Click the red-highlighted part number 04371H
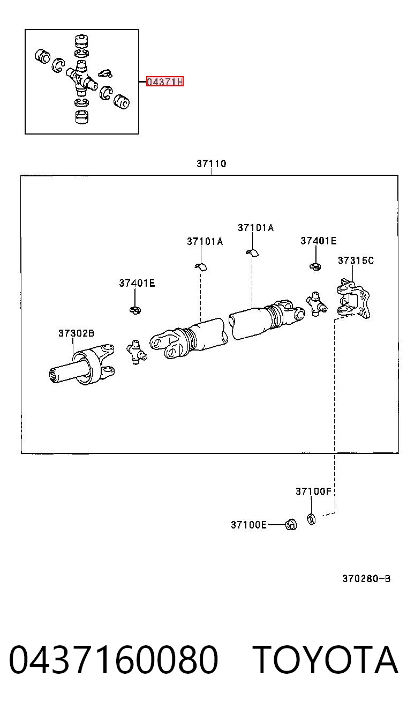point(165,81)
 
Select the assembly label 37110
point(212,164)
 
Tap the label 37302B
point(76,333)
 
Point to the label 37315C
point(356,260)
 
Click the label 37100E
point(248,525)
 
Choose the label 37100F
point(313,491)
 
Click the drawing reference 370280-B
point(366,579)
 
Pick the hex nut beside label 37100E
point(291,524)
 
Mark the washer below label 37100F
point(311,519)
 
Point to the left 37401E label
point(137,283)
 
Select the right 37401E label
point(318,241)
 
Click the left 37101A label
point(205,242)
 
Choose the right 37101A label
point(255,228)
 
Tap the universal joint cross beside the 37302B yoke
point(137,352)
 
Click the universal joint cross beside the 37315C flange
point(316,304)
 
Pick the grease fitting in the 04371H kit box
point(105,73)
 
